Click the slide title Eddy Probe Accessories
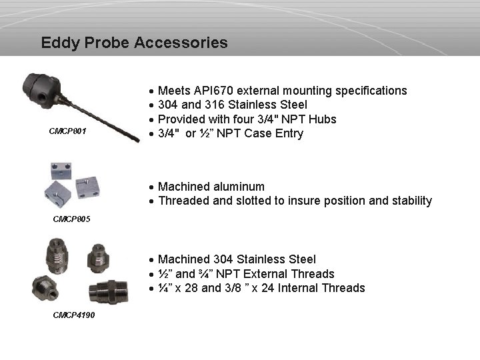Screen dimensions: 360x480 (134, 43)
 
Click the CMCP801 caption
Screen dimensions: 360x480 (67, 131)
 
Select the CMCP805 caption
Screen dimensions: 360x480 (71, 219)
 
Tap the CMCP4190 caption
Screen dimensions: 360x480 (74, 315)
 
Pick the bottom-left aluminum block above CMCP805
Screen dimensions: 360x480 (57, 194)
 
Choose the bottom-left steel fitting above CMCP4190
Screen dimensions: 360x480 (45, 287)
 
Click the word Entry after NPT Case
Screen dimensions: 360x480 (289, 133)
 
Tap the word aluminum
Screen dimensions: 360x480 (239, 187)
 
